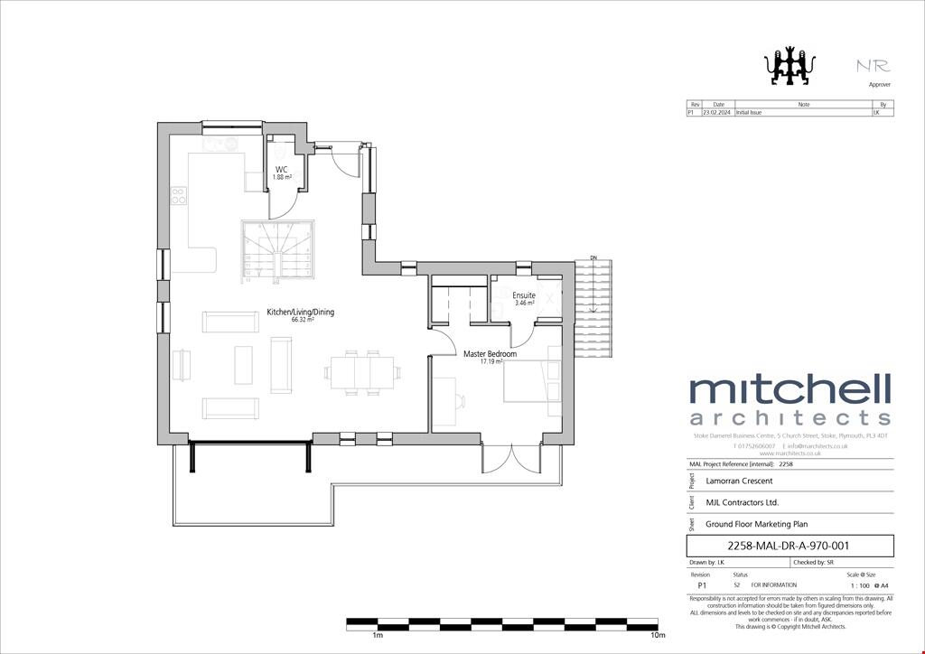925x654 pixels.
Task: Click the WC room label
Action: [282, 169]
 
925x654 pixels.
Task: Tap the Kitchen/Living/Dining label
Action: [300, 313]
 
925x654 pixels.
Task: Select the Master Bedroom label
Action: [490, 354]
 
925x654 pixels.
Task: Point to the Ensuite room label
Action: [524, 295]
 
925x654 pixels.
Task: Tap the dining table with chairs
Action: [363, 372]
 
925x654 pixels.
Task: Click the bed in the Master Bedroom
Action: [530, 389]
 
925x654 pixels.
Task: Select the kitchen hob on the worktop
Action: [178, 195]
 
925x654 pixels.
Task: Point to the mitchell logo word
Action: [790, 391]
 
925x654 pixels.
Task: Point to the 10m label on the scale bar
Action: [659, 636]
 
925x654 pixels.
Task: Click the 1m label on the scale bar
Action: [378, 636]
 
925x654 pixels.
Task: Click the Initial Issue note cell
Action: [750, 114]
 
